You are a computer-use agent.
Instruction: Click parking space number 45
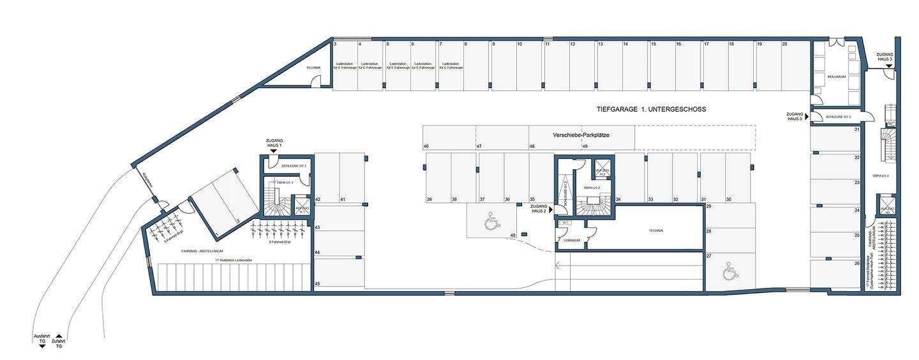pos(317,284)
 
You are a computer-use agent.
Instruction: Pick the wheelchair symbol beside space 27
pos(729,273)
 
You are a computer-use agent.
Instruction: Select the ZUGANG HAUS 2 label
pos(538,209)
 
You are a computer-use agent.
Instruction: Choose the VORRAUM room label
pos(571,241)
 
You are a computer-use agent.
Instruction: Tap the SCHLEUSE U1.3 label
pos(838,117)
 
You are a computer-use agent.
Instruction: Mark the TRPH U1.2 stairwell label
pos(591,188)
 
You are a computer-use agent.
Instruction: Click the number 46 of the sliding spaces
pos(426,147)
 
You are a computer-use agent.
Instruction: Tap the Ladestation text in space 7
pos(451,66)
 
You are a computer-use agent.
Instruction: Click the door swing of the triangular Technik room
pos(315,81)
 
